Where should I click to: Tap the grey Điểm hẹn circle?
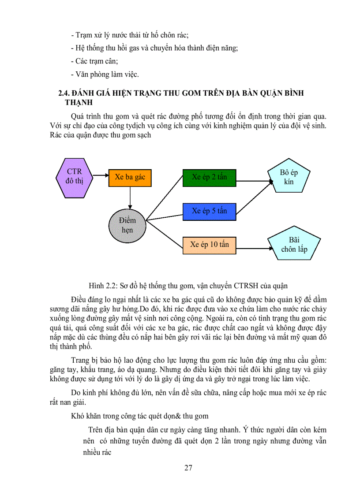tap(127, 225)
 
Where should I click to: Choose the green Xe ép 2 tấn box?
tap(209, 177)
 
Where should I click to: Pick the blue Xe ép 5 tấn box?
tap(209, 211)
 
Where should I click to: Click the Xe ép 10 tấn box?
tap(209, 244)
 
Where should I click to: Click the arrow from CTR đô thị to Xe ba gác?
tap(100, 176)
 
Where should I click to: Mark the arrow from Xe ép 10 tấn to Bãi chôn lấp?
tap(251, 244)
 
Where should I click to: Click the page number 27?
tap(188, 468)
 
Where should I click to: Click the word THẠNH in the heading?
tap(79, 103)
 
